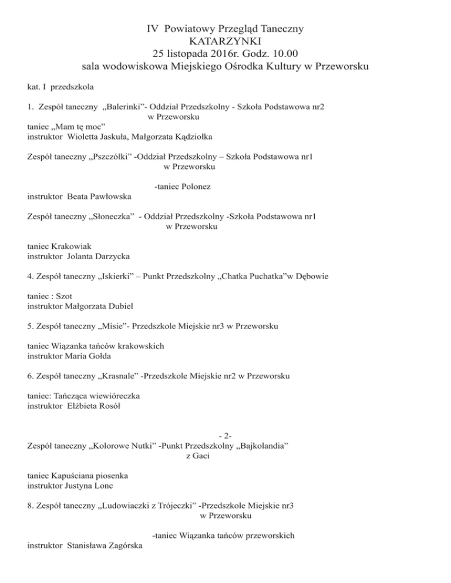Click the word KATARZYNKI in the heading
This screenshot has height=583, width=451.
tap(225, 41)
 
